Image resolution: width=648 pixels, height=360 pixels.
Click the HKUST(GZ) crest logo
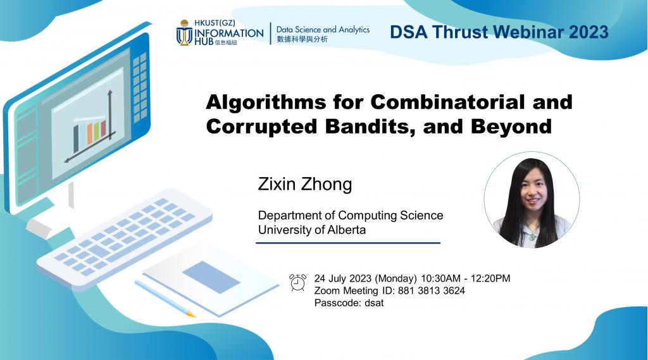coord(184,32)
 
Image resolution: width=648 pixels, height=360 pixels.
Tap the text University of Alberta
coord(311,230)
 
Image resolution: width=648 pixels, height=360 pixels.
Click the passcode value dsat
coord(373,302)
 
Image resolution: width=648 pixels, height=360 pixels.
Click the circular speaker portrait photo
coord(532,202)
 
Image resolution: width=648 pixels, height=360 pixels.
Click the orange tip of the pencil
coord(190,313)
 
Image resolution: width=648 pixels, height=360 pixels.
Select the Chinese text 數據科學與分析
coord(302,40)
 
